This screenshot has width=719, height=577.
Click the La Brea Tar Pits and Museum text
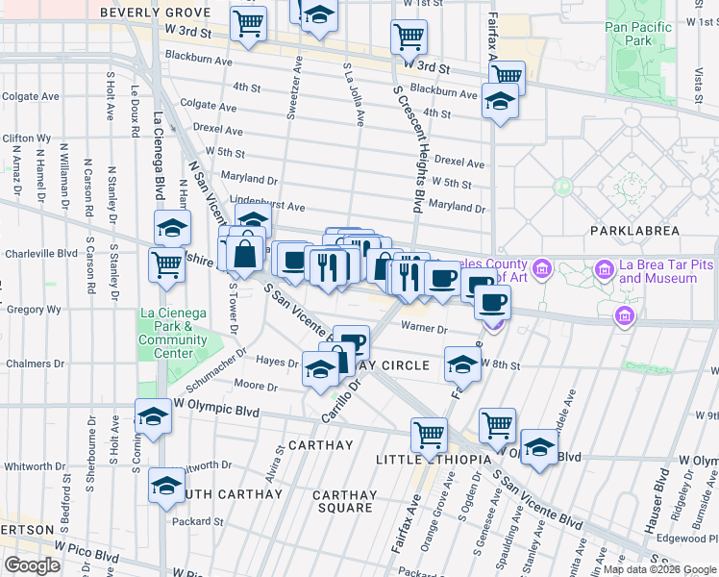coord(657,272)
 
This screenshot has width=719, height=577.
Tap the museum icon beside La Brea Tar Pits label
coord(606,267)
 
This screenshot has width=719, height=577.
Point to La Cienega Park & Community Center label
coord(173,332)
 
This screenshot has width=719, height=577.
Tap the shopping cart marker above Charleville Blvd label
coord(167,263)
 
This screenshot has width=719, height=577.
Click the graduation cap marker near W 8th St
coord(462,364)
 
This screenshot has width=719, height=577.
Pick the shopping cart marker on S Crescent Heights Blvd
coord(409,37)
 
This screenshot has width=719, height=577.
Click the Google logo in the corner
coord(32,564)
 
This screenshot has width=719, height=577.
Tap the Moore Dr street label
coord(256,387)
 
